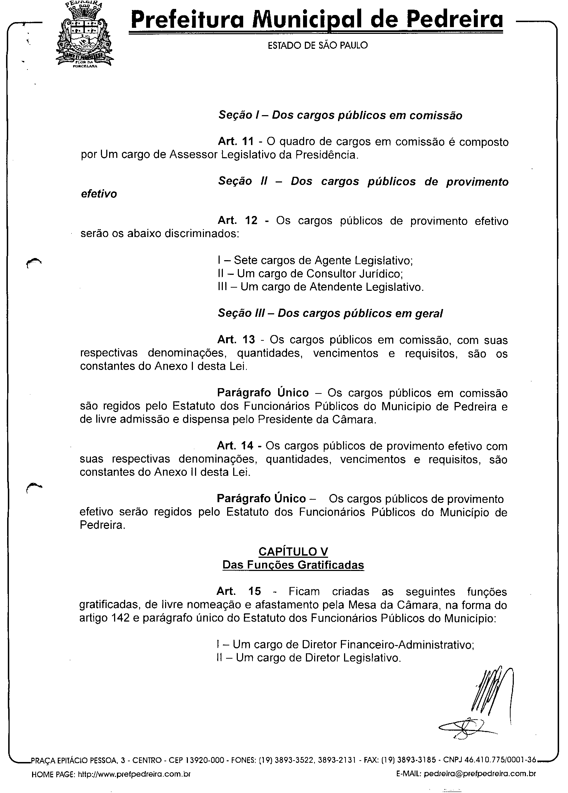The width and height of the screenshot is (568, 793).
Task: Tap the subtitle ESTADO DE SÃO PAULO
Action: pyautogui.click(x=317, y=45)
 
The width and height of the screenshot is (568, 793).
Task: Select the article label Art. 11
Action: pyautogui.click(x=236, y=142)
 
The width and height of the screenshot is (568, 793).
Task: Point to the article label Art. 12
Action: pyautogui.click(x=237, y=221)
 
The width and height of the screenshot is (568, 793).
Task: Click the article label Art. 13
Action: pyautogui.click(x=236, y=340)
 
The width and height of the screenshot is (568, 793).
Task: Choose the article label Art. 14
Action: pyautogui.click(x=235, y=446)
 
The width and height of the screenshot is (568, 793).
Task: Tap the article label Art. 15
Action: pyautogui.click(x=239, y=592)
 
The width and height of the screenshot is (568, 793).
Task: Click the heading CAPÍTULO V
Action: pyautogui.click(x=293, y=552)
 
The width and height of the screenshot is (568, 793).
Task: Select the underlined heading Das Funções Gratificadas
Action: pyautogui.click(x=293, y=565)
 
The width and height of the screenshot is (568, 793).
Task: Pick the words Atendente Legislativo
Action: pyautogui.click(x=365, y=287)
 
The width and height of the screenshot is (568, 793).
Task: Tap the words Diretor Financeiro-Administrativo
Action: pyautogui.click(x=388, y=644)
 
